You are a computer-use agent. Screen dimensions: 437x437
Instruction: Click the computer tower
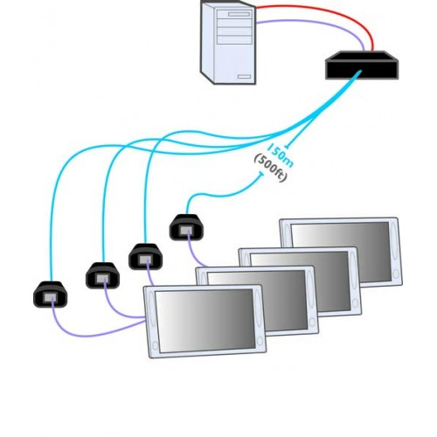(x=228, y=43)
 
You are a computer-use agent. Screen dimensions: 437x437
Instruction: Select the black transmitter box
(x=362, y=65)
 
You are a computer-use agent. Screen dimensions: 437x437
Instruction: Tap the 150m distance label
(x=281, y=156)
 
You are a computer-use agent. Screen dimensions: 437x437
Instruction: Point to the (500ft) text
(x=271, y=169)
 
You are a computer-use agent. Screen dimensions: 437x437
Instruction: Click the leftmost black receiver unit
(x=50, y=295)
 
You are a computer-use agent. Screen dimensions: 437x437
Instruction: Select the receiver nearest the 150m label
(x=186, y=227)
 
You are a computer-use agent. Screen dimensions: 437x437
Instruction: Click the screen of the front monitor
(x=205, y=321)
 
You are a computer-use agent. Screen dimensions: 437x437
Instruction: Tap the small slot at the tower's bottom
(x=244, y=77)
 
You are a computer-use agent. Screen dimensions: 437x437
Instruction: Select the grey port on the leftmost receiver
(x=51, y=298)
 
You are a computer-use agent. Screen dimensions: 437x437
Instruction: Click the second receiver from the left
(x=102, y=275)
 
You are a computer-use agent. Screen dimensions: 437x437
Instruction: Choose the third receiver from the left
(x=145, y=257)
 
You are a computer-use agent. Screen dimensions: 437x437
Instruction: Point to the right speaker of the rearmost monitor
(x=395, y=245)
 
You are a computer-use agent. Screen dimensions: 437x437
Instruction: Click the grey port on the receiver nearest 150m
(x=186, y=231)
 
